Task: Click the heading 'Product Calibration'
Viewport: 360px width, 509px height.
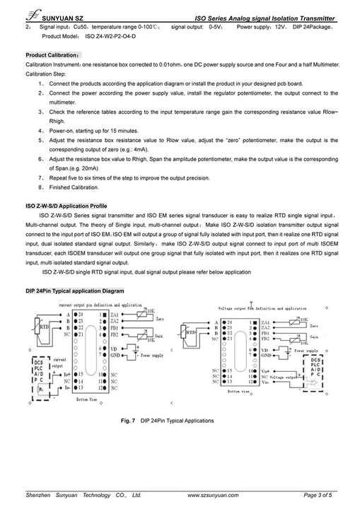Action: tap(53, 54)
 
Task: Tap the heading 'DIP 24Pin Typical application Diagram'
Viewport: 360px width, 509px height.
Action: tap(74, 291)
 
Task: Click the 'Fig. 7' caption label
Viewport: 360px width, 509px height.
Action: tap(128, 421)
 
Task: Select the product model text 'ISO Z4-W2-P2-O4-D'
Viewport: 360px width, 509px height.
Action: tap(110, 35)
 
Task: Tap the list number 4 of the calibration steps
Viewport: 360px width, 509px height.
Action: tap(42, 131)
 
